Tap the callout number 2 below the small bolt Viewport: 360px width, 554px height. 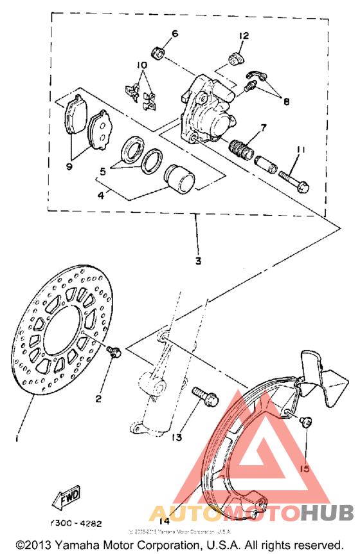pyautogui.click(x=98, y=399)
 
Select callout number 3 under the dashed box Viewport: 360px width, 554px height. pyautogui.click(x=197, y=261)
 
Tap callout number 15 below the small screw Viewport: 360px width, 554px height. pyautogui.click(x=305, y=469)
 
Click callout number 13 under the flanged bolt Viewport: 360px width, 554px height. pyautogui.click(x=177, y=437)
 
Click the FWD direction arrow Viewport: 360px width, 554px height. pyautogui.click(x=63, y=497)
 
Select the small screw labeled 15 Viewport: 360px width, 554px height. pyautogui.click(x=307, y=422)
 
